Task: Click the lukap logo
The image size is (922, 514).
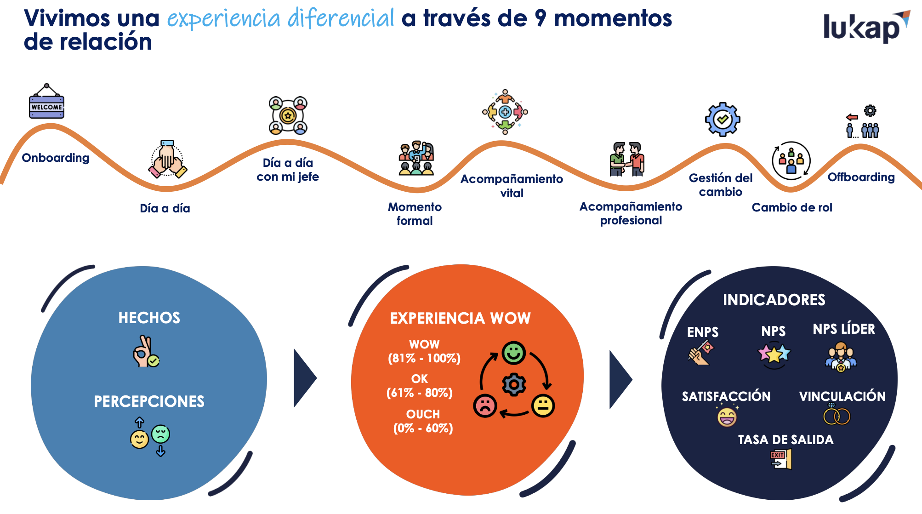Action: point(866,27)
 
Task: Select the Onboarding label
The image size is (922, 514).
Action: point(56,158)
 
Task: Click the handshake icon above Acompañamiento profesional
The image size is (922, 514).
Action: point(627,159)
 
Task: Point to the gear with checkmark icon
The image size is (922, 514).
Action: point(723,119)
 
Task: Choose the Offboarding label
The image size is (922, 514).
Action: point(861,177)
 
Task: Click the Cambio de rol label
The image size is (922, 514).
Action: point(792,207)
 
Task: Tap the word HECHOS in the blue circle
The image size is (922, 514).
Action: point(149,318)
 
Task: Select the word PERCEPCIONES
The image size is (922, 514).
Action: point(149,401)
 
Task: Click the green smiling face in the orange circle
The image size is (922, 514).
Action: point(513,353)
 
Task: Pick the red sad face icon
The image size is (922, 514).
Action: point(485,405)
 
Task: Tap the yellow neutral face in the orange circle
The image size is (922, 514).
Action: point(543,405)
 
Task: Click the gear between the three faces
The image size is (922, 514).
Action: point(514,384)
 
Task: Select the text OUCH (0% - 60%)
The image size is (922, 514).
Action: point(423,421)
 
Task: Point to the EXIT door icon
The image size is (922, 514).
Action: point(781,459)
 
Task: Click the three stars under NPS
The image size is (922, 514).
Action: point(774,354)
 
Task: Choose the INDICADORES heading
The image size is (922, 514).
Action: point(774,300)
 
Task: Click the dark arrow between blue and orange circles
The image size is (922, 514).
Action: point(305,378)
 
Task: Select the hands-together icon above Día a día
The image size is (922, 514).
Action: point(167,159)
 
